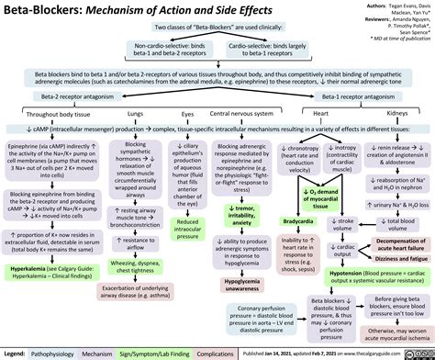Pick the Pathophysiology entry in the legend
click(56, 352)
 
